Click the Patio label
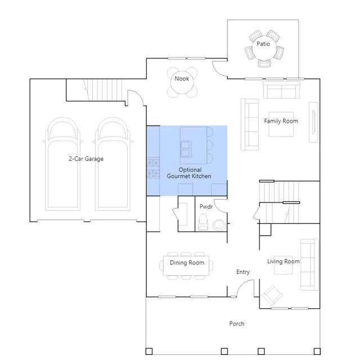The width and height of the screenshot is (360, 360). tap(263, 44)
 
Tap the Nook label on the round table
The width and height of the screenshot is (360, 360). tap(182, 79)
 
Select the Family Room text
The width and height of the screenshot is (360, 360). tap(281, 121)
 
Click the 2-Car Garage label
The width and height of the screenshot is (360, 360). tap(86, 159)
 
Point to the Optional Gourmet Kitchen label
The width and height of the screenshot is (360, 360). tap(189, 173)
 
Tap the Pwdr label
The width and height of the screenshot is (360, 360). tap(206, 206)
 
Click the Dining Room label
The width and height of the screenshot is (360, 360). tap(187, 263)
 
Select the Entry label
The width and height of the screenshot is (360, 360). tap(243, 272)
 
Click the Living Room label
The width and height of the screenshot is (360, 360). tap(283, 261)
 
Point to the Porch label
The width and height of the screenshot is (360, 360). tap(237, 323)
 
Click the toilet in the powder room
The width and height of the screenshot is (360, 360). tap(202, 222)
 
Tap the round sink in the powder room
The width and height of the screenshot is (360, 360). tap(219, 225)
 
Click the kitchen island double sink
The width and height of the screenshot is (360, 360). tap(185, 149)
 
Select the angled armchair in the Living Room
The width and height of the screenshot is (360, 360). tap(272, 295)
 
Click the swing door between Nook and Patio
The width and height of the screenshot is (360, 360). tap(220, 69)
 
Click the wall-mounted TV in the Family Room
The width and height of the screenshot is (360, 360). tap(313, 122)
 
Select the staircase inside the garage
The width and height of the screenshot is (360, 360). tap(103, 90)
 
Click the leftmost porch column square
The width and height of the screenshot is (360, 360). tap(149, 351)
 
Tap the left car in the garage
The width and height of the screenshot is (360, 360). tap(63, 164)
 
